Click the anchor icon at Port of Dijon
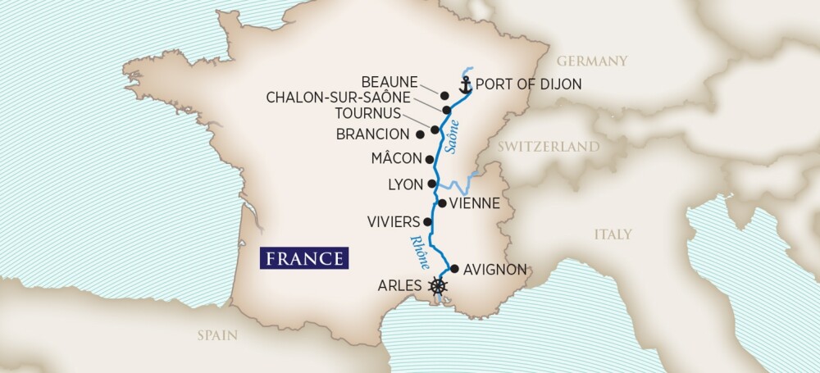[465, 84]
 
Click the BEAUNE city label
[389, 82]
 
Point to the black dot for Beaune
[444, 95]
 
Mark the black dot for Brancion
[420, 133]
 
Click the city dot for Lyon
[432, 184]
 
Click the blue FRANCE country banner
[303, 258]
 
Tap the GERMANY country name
[591, 61]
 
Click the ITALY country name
[613, 234]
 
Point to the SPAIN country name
[216, 334]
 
